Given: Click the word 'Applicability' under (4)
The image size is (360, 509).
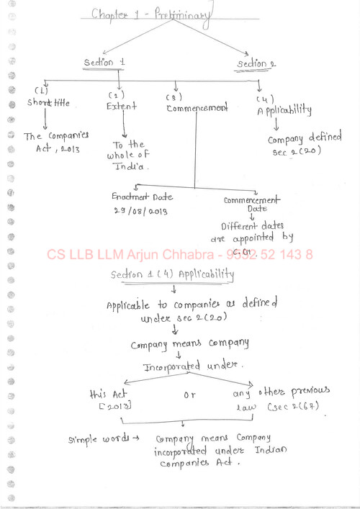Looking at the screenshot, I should (x=284, y=111).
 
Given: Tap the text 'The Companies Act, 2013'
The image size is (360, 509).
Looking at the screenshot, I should (x=55, y=142).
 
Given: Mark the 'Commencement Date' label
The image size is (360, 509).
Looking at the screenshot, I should (x=251, y=204).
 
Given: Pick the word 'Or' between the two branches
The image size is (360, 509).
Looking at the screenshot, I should (x=189, y=394).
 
